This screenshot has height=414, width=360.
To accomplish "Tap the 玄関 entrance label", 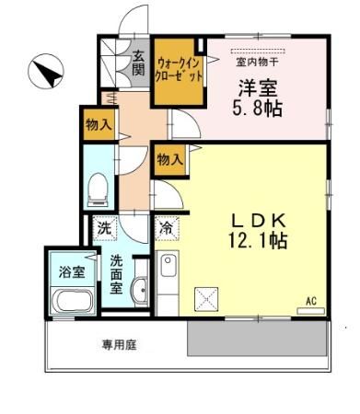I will pyautogui.click(x=138, y=63).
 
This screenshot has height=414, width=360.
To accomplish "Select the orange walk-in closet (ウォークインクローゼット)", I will pyautogui.click(x=179, y=68).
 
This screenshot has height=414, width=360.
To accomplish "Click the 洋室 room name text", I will pyautogui.click(x=260, y=89).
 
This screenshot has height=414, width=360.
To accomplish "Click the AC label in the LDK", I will pyautogui.click(x=310, y=302).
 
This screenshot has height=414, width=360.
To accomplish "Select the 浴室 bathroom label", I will pyautogui.click(x=66, y=271).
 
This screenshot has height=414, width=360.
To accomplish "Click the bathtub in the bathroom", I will pyautogui.click(x=69, y=300).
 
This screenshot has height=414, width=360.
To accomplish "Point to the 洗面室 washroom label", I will pyautogui.click(x=119, y=273).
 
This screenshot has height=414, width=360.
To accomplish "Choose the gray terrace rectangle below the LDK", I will pyautogui.click(x=258, y=338).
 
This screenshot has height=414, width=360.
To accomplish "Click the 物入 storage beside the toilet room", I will pyautogui.click(x=97, y=126).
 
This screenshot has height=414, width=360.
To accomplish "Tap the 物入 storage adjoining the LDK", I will pyautogui.click(x=168, y=159).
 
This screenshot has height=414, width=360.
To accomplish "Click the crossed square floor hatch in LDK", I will pyautogui.click(x=204, y=297).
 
